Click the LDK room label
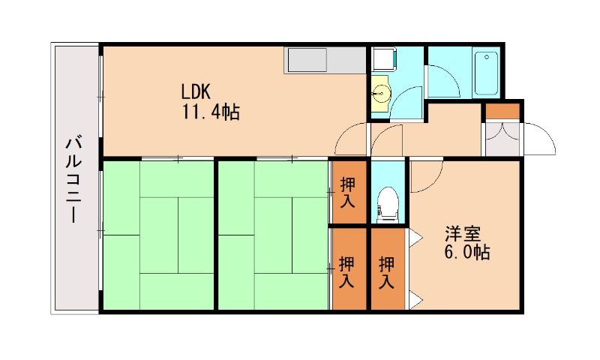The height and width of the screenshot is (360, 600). [196, 92]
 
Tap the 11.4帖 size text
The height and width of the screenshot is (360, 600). [209, 113]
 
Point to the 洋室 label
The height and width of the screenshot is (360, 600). [460, 232]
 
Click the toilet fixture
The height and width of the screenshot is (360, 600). [387, 203]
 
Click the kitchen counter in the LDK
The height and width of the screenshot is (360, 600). [307, 59]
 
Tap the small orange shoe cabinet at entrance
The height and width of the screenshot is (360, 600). [501, 110]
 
